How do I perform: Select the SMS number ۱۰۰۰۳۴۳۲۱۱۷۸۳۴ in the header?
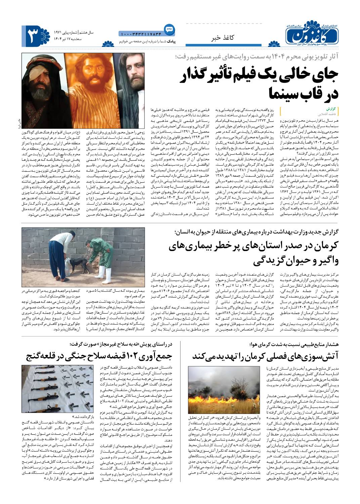tap(140, 34)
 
